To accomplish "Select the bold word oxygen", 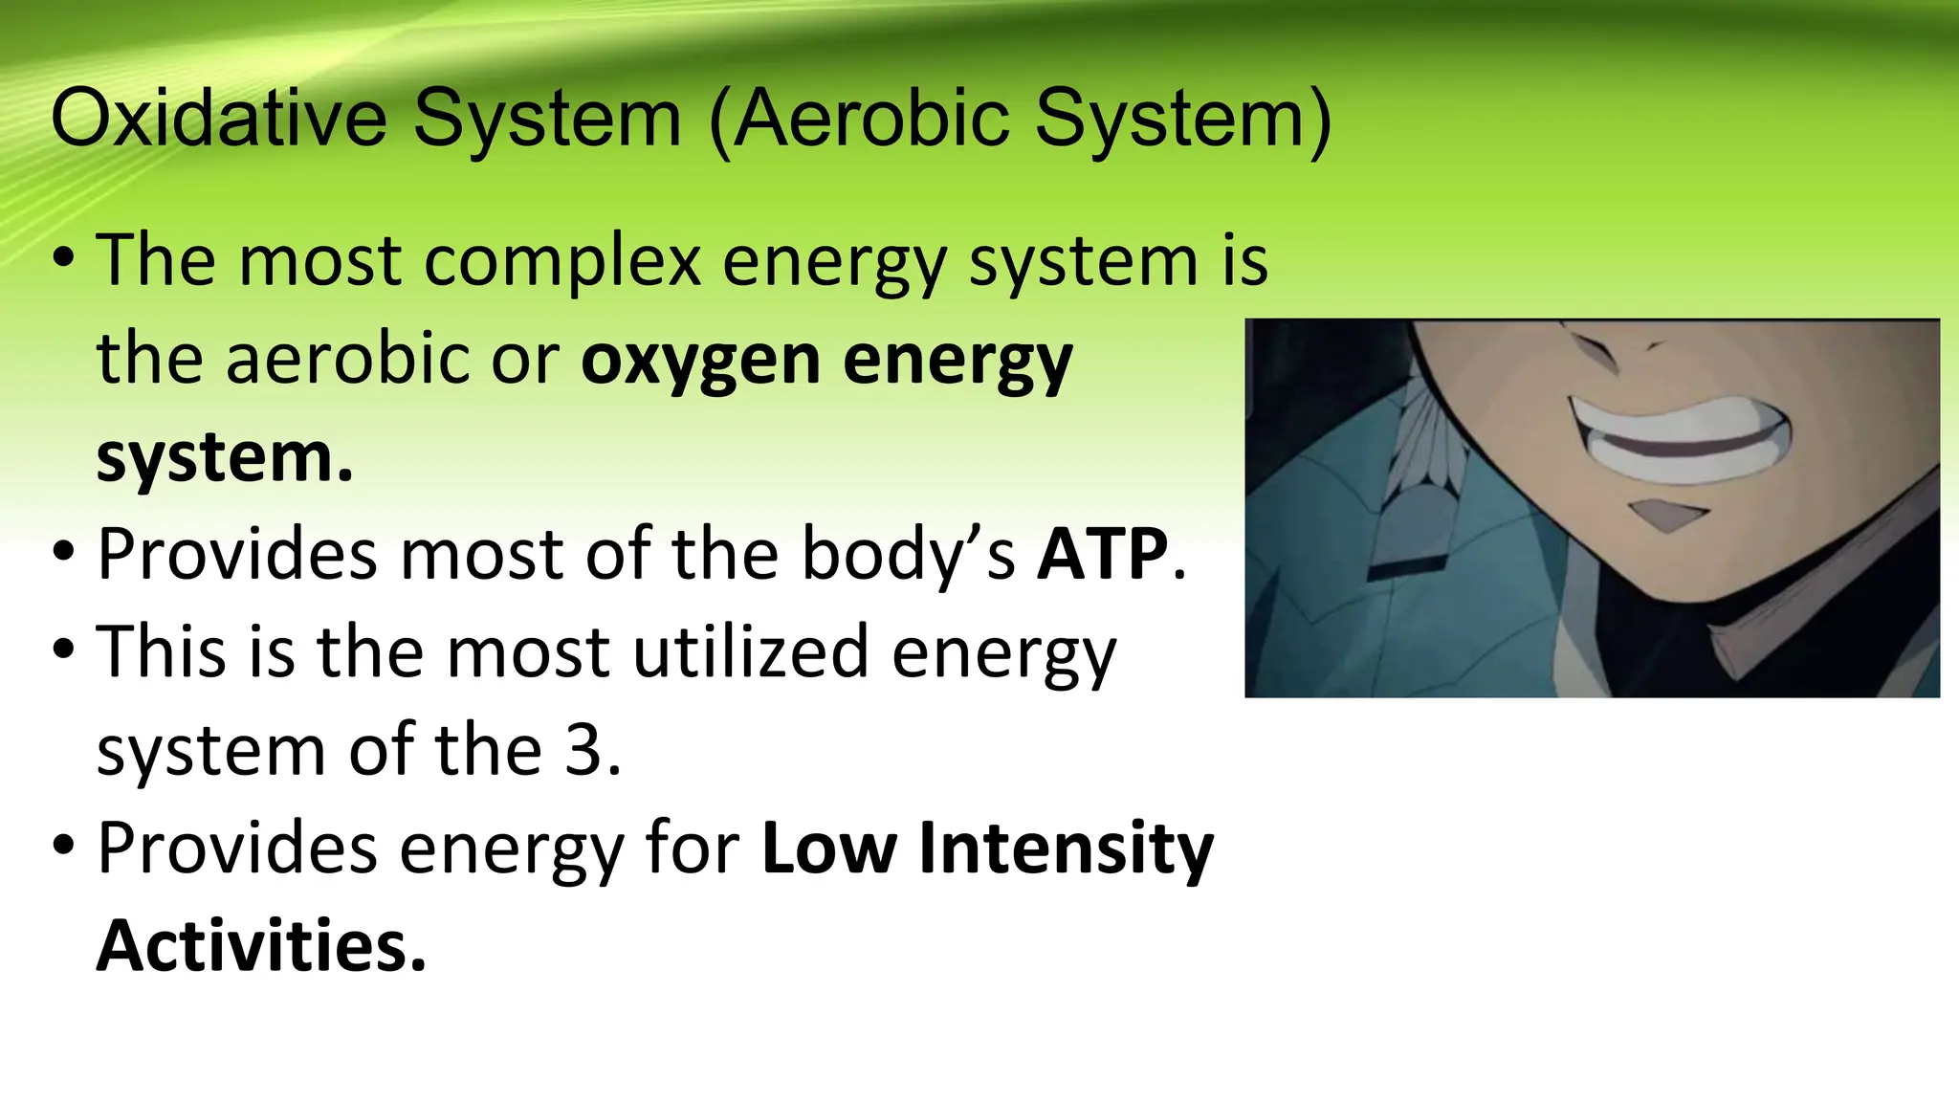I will click(701, 361).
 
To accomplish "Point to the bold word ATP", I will click(1103, 554).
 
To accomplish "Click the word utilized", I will click(751, 652).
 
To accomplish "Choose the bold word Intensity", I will click(1066, 849).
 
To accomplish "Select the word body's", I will click(908, 554).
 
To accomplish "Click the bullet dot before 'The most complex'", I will click(64, 260).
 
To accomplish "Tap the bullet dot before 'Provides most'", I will click(64, 554).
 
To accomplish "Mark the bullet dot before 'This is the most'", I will click(64, 652).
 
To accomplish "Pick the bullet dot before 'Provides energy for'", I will click(64, 849).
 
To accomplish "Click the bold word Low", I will click(829, 849).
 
